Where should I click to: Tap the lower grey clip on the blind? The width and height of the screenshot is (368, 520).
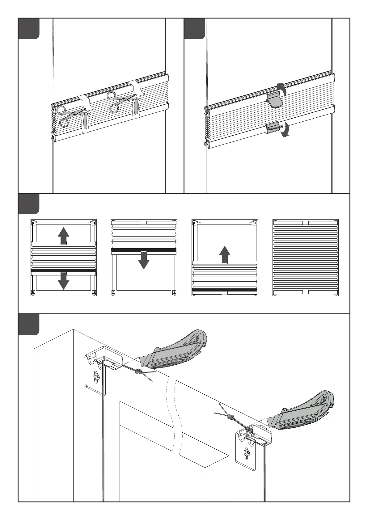(273, 128)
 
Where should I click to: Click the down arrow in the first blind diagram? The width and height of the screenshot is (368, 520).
(63, 281)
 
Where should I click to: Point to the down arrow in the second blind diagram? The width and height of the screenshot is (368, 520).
(144, 260)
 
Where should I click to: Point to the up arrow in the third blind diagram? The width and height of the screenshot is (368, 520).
(225, 254)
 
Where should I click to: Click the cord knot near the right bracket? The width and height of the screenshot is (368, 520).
(231, 418)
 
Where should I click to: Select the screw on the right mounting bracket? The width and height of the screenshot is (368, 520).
(247, 454)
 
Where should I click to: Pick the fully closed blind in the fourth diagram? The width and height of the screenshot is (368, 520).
(305, 258)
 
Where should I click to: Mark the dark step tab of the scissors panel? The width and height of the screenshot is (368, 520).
(29, 29)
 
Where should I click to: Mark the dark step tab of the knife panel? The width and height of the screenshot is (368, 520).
(29, 325)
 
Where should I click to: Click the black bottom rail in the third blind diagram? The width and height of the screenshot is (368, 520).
(225, 290)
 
